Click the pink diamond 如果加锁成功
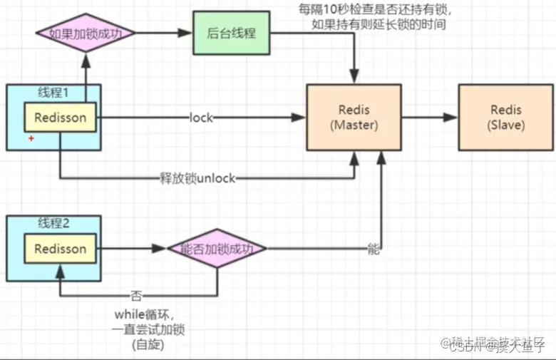(85, 34)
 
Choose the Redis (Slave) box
(506, 118)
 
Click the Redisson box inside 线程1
(60, 118)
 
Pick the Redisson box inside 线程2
(60, 249)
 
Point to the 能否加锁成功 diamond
(217, 249)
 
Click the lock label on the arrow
(202, 118)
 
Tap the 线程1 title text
(54, 92)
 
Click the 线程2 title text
(54, 222)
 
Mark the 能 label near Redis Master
(373, 250)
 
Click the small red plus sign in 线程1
(31, 138)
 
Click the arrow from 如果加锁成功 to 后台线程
(165, 34)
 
